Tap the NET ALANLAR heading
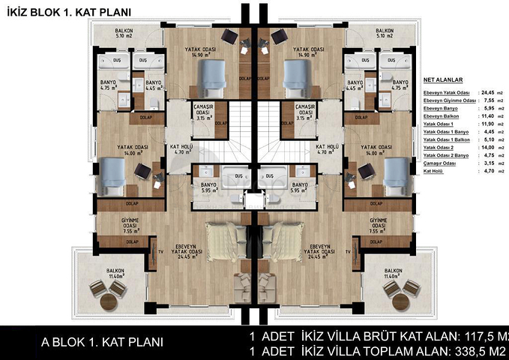[x=443, y=78]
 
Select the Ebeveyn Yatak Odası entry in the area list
[x=450, y=91]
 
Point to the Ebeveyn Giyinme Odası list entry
[x=450, y=100]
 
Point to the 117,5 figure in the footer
[x=478, y=334]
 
